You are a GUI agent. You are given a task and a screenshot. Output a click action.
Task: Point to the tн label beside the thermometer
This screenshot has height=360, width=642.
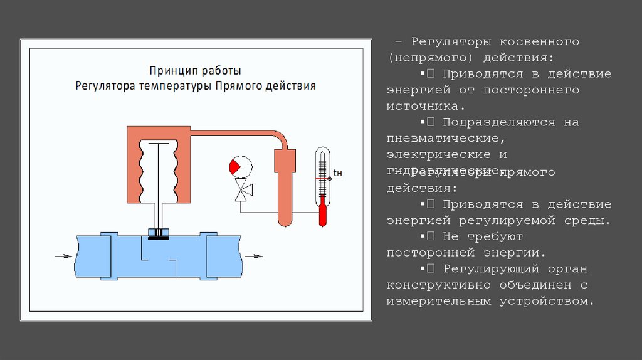[x=337, y=172]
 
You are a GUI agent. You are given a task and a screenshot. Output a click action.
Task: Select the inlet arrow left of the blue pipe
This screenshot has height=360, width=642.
[x=63, y=256]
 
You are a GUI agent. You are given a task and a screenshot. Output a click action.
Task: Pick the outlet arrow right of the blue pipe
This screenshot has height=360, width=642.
[x=254, y=256]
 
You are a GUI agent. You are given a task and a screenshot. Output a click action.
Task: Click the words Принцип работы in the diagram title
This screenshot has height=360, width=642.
[x=195, y=70]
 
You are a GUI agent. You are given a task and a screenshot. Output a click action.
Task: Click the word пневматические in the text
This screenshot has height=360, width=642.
[x=446, y=137]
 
